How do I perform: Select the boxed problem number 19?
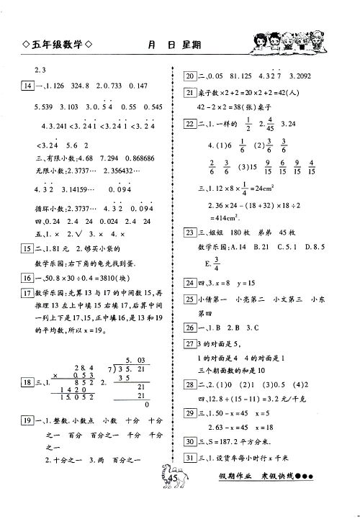[x=28, y=420]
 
